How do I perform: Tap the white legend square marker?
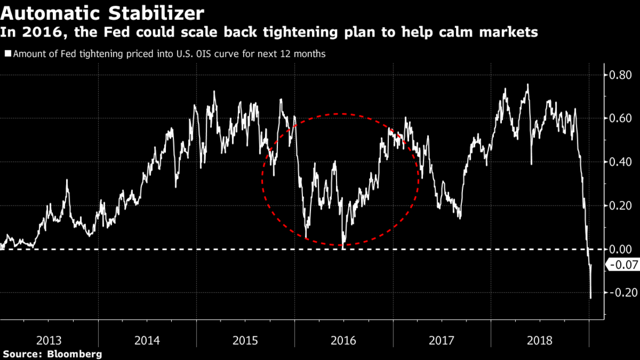[x=8, y=54]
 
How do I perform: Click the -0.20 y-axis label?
[x=619, y=293]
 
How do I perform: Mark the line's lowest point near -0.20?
[x=591, y=298]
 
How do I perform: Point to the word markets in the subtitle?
[x=507, y=33]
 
